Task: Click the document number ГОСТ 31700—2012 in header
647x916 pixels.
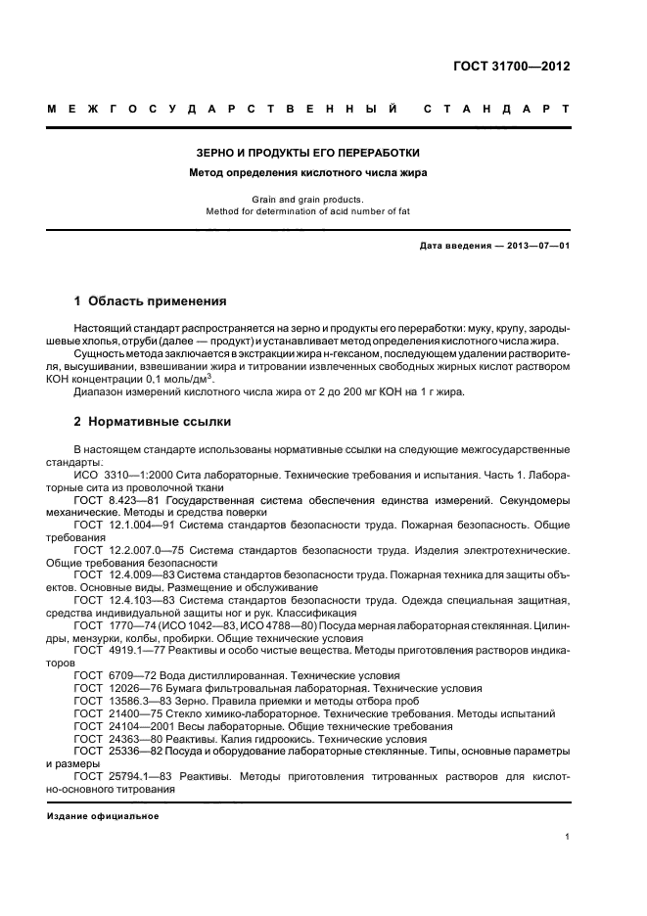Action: point(511,67)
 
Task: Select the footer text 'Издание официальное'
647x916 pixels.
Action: point(103,815)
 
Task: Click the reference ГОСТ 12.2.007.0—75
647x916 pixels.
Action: point(132,550)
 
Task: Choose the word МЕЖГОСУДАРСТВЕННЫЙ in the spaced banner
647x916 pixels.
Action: point(223,110)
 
